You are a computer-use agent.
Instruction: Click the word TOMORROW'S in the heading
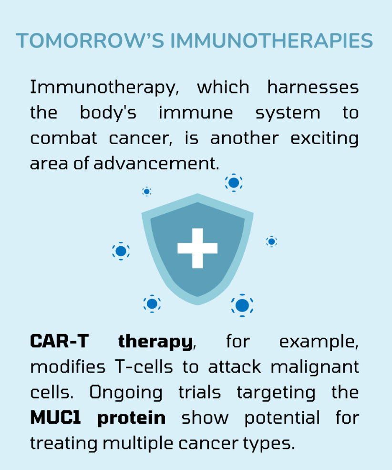[x=90, y=41]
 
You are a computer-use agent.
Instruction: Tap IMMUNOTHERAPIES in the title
[x=272, y=41]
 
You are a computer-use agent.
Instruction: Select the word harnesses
[x=313, y=87]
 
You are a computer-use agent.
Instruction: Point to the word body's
[x=108, y=113]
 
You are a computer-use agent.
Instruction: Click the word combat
[x=63, y=138]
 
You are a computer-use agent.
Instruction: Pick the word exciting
[x=325, y=139]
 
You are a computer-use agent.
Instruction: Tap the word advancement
[x=156, y=164]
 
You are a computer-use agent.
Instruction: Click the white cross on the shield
[x=197, y=248]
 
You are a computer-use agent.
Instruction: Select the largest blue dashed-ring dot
[x=242, y=305]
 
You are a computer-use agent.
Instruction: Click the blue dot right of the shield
[x=271, y=241]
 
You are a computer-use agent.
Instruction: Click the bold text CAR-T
[x=59, y=341]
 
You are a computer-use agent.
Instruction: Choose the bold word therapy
[x=155, y=342]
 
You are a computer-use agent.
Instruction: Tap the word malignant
[x=315, y=367]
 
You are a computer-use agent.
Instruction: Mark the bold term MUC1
[x=56, y=418]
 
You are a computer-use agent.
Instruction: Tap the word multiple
[x=138, y=444]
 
